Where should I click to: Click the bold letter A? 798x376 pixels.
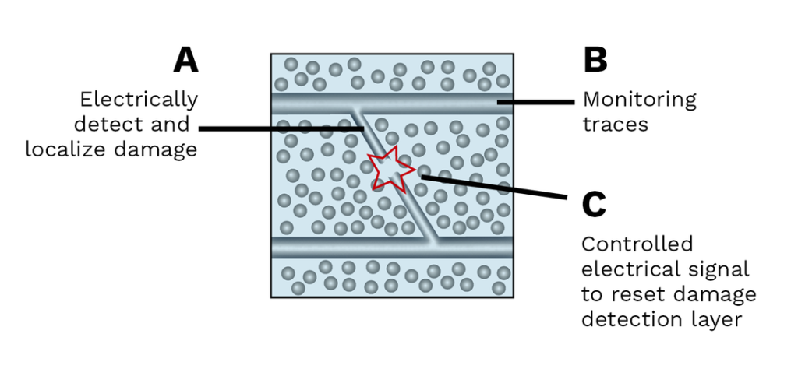[x=185, y=60]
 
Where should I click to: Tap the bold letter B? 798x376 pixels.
[x=595, y=60]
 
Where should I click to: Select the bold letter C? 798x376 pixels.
[x=595, y=206]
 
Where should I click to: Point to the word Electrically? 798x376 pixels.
[x=139, y=100]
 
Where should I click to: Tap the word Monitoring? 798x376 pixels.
[x=639, y=100]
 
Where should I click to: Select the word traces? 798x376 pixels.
[x=615, y=125]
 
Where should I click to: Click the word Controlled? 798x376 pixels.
[x=637, y=244]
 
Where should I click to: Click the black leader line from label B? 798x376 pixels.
[x=538, y=101]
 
